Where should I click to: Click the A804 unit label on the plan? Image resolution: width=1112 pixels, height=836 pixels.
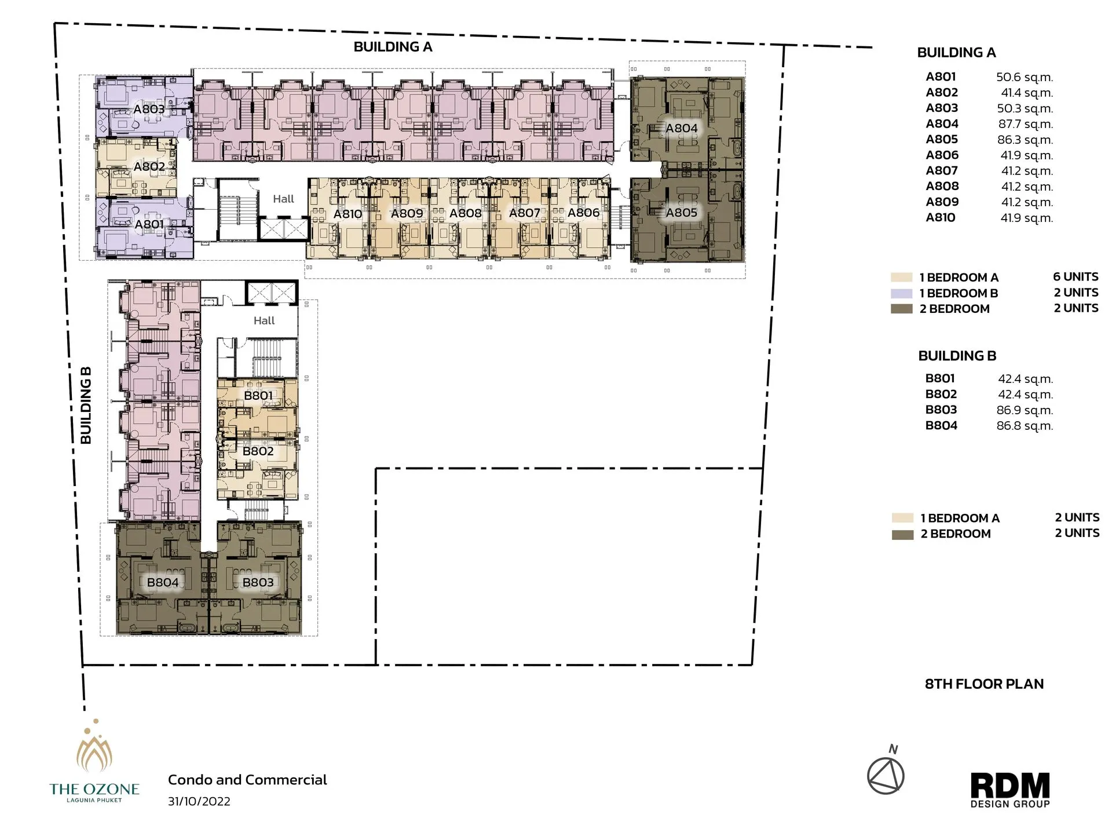(x=681, y=128)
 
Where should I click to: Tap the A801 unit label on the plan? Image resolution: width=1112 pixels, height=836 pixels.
(x=149, y=224)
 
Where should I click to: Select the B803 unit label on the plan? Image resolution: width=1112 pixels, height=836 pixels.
(x=258, y=582)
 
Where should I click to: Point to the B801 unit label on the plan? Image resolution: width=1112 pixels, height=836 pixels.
(x=258, y=396)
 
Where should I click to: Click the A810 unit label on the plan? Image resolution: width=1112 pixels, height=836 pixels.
(x=348, y=214)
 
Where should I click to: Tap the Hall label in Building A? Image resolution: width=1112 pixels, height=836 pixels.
(x=283, y=199)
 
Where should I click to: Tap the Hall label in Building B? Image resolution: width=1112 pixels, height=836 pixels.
(x=264, y=320)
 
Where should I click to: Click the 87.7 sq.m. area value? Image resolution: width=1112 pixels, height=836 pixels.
(x=1025, y=124)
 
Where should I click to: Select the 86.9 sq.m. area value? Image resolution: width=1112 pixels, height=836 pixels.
(x=1025, y=410)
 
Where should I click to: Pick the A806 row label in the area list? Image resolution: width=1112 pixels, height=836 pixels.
(x=942, y=155)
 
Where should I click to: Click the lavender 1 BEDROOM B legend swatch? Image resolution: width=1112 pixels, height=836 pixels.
(x=901, y=293)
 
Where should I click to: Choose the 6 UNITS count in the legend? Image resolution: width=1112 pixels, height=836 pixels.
(x=1076, y=277)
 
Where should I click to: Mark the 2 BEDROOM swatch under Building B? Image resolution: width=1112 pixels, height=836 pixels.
(x=902, y=534)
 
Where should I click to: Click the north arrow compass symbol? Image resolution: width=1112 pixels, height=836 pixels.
(x=886, y=775)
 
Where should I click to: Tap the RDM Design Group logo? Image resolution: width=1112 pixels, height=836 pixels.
(x=1010, y=790)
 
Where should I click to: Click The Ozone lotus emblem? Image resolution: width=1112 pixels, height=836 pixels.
(x=94, y=751)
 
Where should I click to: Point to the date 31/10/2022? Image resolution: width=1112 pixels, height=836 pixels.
(x=199, y=801)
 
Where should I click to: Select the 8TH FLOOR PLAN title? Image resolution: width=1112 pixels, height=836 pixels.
(x=984, y=684)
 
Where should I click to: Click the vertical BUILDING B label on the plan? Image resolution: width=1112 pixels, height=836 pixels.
(x=86, y=406)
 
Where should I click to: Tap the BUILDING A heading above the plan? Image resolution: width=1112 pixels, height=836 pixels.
(x=393, y=47)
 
